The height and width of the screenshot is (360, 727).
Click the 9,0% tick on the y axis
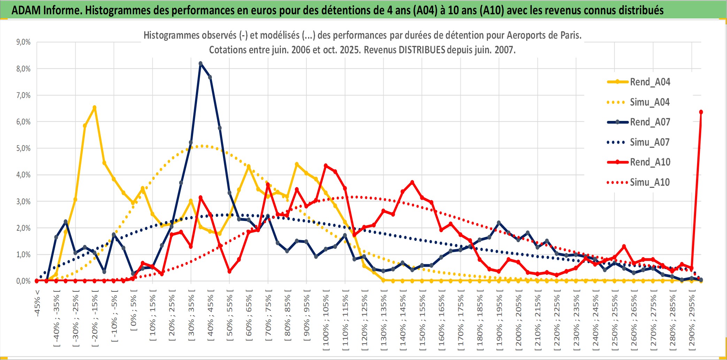tap(23, 42)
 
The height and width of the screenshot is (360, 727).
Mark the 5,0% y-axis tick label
tap(23, 148)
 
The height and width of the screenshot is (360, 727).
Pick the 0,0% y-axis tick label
tap(23, 281)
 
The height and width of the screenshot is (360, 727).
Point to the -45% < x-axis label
tap(37, 303)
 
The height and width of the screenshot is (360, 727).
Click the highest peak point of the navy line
tap(200, 63)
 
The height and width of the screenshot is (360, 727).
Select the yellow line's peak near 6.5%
tap(94, 107)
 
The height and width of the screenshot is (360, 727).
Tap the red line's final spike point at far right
tap(701, 112)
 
